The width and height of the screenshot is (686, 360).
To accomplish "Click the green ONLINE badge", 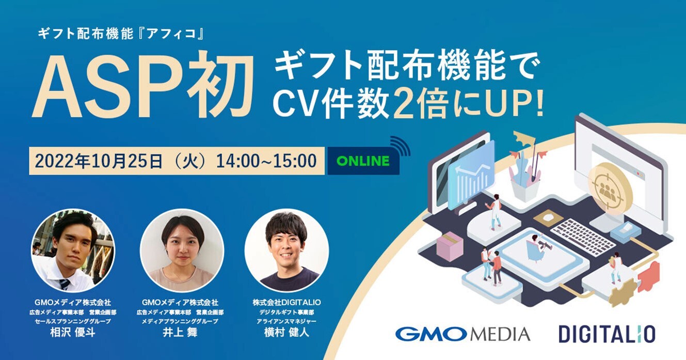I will [x=363, y=161].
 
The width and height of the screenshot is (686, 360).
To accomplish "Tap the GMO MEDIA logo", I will [x=462, y=333].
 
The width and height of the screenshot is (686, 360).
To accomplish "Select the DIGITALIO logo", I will [x=607, y=333].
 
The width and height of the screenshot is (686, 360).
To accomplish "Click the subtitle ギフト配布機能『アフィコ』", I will [x=122, y=35].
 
